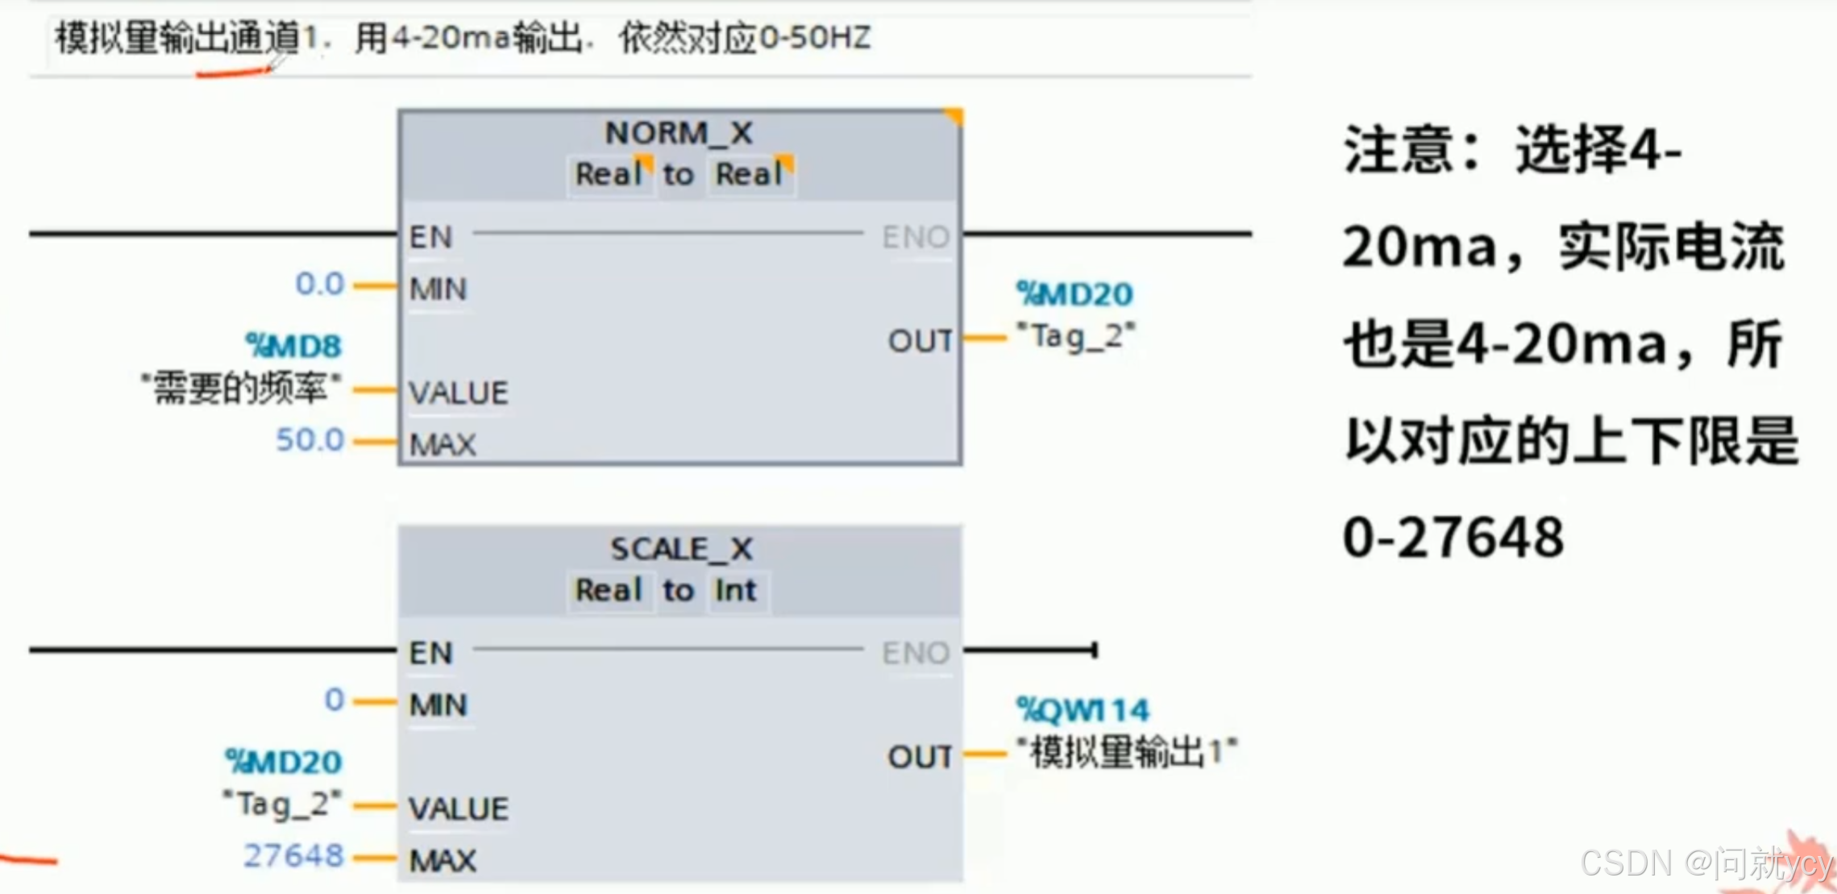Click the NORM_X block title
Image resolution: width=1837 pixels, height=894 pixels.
(x=679, y=133)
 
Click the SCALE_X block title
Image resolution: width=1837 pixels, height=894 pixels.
(x=681, y=549)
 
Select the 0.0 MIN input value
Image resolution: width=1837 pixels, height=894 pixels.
(x=319, y=284)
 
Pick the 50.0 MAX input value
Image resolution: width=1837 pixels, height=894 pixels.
(x=310, y=440)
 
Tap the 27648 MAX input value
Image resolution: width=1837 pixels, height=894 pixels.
(x=294, y=856)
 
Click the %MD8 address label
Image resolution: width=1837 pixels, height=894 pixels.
(x=294, y=346)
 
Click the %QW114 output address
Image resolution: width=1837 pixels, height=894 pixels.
(x=1083, y=710)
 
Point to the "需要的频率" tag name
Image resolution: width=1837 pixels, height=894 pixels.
(x=241, y=389)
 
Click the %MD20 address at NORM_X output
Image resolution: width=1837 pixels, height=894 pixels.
(x=1074, y=294)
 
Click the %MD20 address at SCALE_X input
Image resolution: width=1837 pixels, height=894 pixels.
(x=284, y=762)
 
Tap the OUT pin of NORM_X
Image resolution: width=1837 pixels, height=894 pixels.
(x=920, y=341)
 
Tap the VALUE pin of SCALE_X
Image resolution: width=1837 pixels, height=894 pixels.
(x=459, y=809)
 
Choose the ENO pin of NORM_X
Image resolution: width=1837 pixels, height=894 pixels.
(x=916, y=237)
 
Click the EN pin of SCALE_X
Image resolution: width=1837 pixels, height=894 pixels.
(x=431, y=653)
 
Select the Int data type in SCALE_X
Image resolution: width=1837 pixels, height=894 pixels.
(x=735, y=590)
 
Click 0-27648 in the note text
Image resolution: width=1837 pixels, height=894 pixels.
(x=1453, y=538)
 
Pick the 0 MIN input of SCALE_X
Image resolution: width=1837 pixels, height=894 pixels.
(x=335, y=700)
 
